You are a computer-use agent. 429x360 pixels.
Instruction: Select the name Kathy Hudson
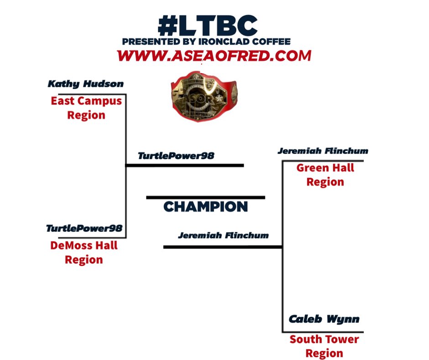86,84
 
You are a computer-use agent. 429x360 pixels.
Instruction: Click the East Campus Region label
86,107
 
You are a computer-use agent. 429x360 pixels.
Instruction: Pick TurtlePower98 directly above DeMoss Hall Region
84,228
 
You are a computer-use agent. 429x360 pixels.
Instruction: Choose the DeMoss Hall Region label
84,252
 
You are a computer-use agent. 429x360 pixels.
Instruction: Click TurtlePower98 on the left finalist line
176,156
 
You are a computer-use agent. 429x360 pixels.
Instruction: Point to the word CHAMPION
205,207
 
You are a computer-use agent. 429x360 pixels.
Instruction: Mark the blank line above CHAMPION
205,197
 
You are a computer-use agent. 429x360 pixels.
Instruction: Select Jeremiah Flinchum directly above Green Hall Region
323,151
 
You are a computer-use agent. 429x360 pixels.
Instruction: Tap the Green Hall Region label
325,175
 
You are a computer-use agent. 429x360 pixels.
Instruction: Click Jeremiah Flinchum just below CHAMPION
223,236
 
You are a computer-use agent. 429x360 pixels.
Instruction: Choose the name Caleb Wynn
324,319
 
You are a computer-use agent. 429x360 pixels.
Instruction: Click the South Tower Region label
324,346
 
